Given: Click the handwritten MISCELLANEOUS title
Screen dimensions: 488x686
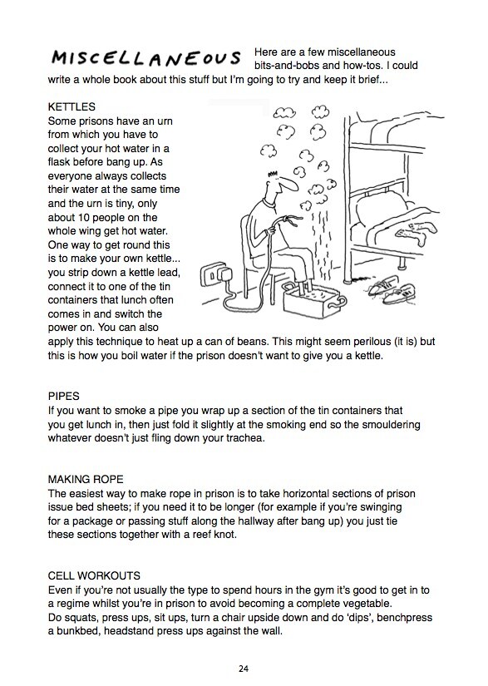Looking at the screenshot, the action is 146,57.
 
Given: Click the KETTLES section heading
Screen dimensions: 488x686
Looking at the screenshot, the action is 71,106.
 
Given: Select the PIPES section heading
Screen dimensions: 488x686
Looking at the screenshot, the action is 64,397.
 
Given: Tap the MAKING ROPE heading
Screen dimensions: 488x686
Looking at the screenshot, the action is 86,479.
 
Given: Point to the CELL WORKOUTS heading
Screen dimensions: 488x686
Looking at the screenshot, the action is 94,575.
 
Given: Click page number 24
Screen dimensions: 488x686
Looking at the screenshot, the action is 244,669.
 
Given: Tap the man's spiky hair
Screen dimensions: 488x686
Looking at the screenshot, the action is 273,174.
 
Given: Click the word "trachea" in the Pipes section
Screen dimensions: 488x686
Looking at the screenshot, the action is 245,438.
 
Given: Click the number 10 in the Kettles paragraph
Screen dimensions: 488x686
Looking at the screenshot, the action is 83,217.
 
